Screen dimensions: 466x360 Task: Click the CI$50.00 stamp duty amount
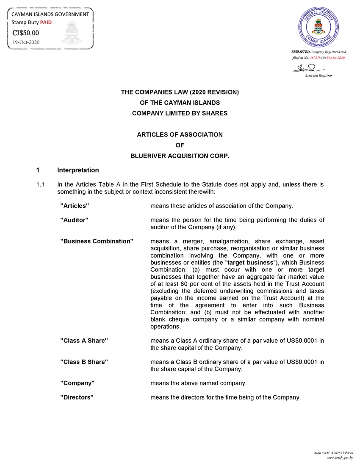pos(26,33)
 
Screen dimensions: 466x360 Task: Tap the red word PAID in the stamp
pos(46,22)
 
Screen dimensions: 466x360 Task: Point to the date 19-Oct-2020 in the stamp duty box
pos(26,42)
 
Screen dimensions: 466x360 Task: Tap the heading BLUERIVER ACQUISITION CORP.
pos(180,156)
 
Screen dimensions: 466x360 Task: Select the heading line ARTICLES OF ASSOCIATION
pos(180,135)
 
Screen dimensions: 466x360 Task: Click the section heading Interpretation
pos(78,170)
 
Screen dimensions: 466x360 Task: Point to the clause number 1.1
pos(41,185)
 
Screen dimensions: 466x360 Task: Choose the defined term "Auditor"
pos(75,220)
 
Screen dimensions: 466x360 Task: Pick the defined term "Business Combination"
pos(97,241)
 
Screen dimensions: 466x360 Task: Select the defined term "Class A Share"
pos(84,341)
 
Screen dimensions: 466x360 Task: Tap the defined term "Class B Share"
pos(84,362)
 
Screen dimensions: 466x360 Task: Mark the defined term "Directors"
pos(77,397)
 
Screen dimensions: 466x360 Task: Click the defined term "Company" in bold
pos(77,383)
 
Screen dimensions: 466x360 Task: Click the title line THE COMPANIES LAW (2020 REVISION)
pos(180,92)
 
